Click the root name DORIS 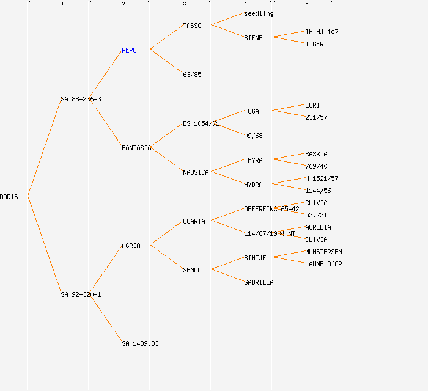pyautogui.click(x=9, y=197)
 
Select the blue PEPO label pyautogui.click(x=129, y=50)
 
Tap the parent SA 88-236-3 pyautogui.click(x=81, y=99)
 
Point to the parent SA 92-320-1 pyautogui.click(x=81, y=294)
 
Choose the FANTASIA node pyautogui.click(x=136, y=148)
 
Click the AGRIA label pyautogui.click(x=131, y=246)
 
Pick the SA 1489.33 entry pyautogui.click(x=140, y=343)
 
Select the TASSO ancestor pyautogui.click(x=192, y=26)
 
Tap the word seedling pyautogui.click(x=259, y=13)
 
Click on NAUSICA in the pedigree pyautogui.click(x=196, y=172)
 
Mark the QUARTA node pyautogui.click(x=194, y=221)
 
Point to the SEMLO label pyautogui.click(x=192, y=270)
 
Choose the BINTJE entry pyautogui.click(x=255, y=258)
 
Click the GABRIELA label pyautogui.click(x=259, y=282)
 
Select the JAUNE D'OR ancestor pyautogui.click(x=323, y=264)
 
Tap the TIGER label pyautogui.click(x=314, y=44)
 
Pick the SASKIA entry pyautogui.click(x=316, y=154)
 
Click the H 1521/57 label pyautogui.click(x=322, y=178)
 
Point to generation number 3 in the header pyautogui.click(x=184, y=4)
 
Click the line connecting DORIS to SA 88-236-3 pyautogui.click(x=44, y=148)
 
